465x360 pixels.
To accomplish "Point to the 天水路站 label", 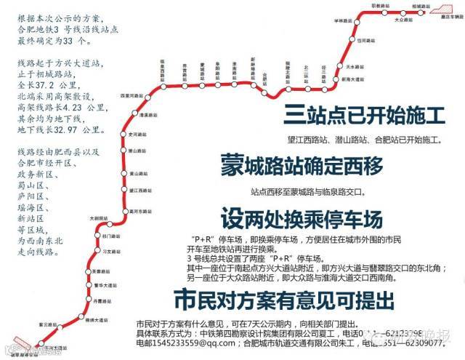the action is (x=354, y=67).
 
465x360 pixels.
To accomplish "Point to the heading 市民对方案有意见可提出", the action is (x=283, y=299).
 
